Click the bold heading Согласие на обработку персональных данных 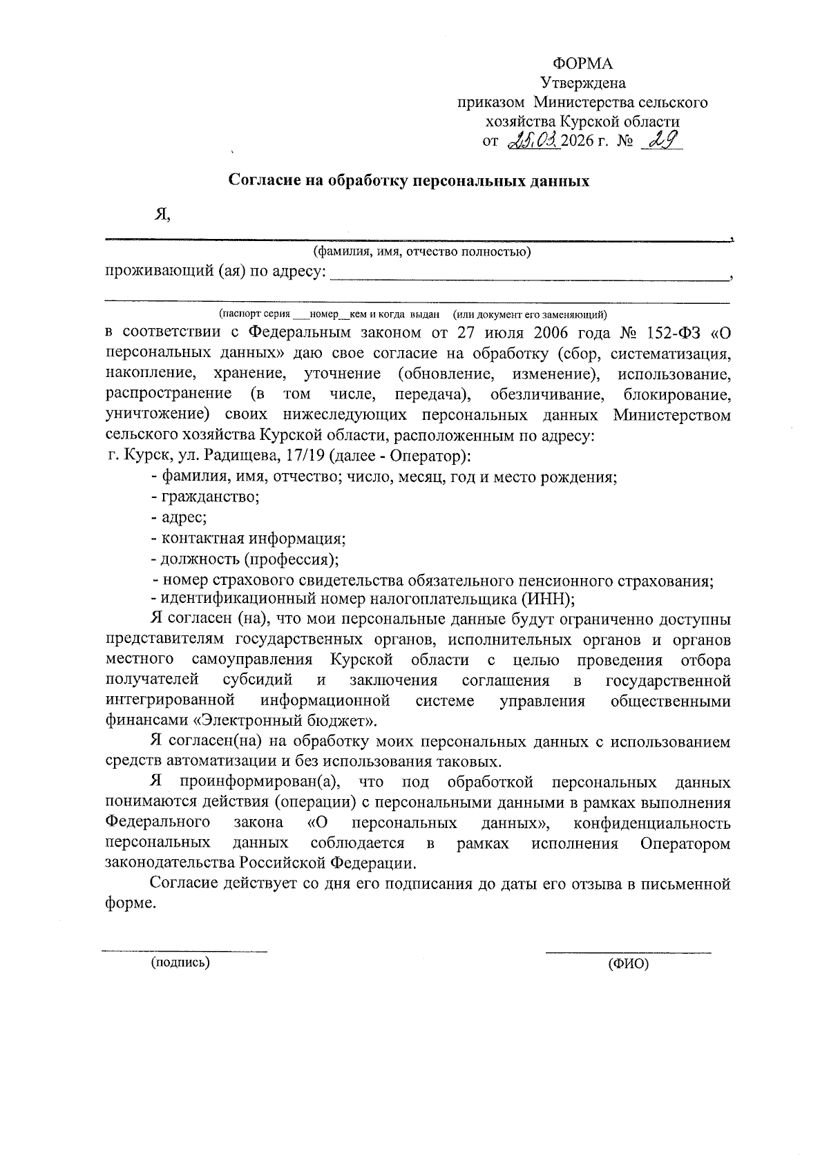coord(409,182)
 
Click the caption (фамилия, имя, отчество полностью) coord(421,251)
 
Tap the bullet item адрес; coord(183,518)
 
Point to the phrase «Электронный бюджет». coord(284,721)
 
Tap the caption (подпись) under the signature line coord(180,962)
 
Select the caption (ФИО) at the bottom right coord(628,965)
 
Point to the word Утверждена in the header coord(583,84)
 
